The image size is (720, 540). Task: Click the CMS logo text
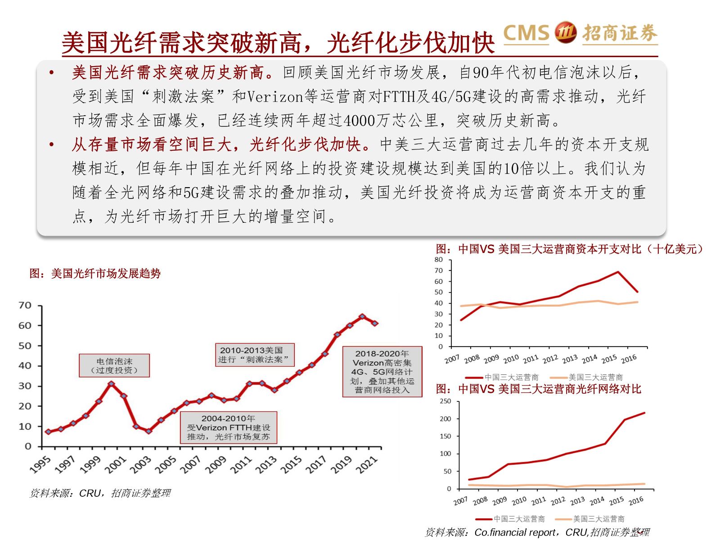526,33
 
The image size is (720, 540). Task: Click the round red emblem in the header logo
566,32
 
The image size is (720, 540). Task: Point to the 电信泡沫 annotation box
114,365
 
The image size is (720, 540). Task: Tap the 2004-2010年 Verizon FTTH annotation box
228,427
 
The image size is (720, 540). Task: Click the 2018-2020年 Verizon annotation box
382,372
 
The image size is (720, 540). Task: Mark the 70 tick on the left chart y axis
25,306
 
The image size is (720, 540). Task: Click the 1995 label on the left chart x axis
40,464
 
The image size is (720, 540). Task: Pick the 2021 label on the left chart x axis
367,464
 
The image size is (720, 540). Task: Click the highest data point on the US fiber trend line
362,316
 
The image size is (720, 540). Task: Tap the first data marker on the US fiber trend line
48,432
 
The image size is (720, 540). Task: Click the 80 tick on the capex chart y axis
439,260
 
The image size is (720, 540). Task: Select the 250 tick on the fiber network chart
445,401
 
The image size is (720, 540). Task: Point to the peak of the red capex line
618,272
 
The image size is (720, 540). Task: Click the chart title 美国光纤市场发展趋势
95,273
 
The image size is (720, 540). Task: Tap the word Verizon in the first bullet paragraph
275,97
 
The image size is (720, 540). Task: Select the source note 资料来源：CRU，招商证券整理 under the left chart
100,493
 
